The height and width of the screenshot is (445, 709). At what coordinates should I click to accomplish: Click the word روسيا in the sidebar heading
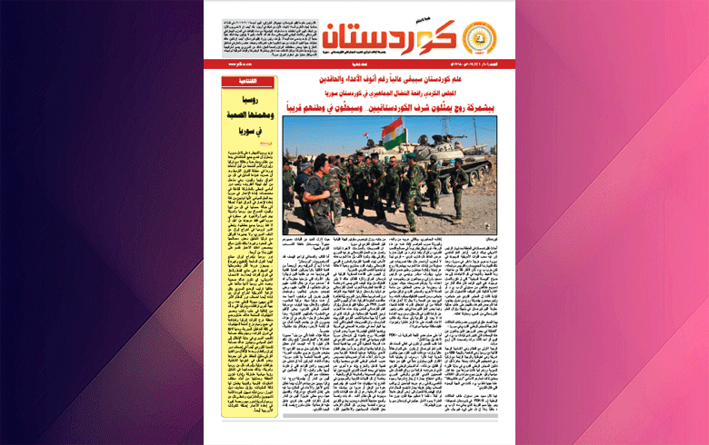coord(252,103)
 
